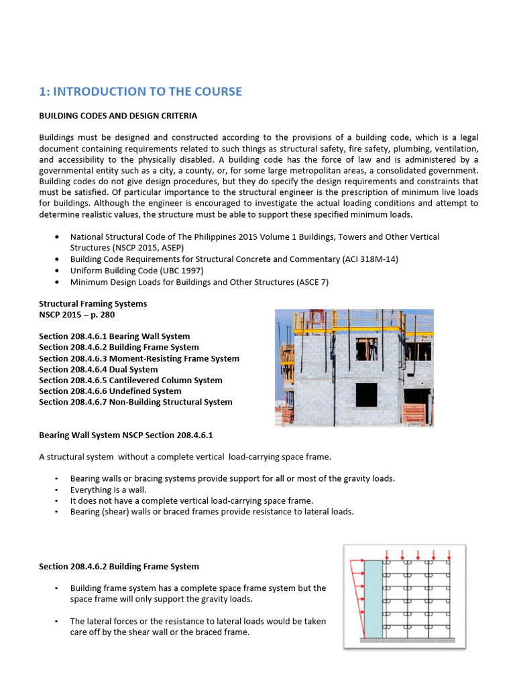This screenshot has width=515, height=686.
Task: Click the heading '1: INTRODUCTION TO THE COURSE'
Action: [140, 92]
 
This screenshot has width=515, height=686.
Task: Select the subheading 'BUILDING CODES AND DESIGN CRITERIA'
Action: [118, 116]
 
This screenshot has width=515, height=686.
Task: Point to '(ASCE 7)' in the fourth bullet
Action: [311, 282]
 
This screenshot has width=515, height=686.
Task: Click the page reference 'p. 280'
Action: [109, 315]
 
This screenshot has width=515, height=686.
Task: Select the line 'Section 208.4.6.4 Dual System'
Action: [99, 369]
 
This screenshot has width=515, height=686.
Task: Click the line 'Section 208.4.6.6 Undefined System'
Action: [110, 391]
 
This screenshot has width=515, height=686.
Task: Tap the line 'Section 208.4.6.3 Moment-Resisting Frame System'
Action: [139, 358]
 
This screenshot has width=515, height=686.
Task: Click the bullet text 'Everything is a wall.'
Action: [108, 490]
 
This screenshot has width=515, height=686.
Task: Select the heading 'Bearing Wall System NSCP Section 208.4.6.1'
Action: [125, 435]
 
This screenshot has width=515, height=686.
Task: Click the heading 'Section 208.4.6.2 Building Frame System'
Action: [119, 567]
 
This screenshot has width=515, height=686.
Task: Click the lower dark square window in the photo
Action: [366, 395]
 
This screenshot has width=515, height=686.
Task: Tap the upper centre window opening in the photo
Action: [366, 349]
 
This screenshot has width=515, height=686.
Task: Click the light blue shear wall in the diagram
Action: [372, 598]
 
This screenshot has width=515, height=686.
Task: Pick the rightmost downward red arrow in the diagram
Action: [448, 554]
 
